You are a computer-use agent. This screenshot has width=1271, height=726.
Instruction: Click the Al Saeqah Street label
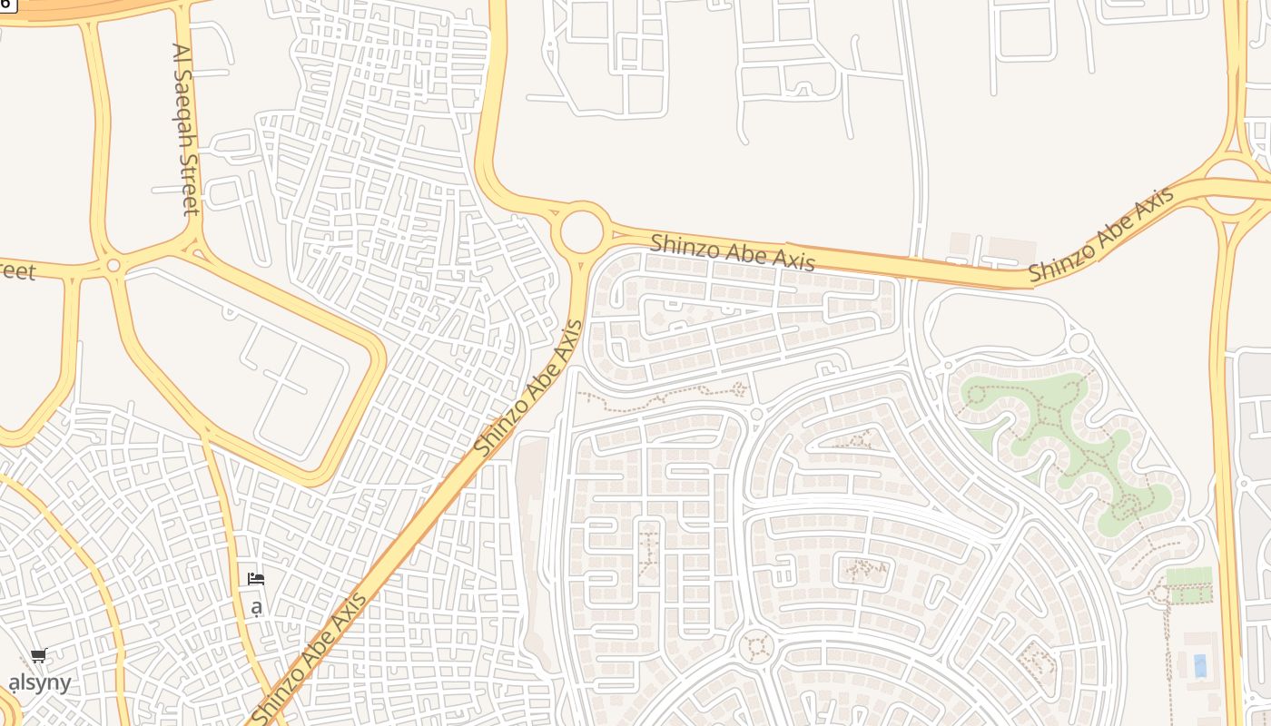185,129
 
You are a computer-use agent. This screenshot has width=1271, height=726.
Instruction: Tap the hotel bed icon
256,578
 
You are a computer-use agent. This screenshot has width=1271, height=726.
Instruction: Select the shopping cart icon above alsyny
38,655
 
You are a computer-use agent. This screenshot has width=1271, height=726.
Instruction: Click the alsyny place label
40,682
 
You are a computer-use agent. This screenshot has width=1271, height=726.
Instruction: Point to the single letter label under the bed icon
257,605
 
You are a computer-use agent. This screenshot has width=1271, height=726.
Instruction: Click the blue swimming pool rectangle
1200,665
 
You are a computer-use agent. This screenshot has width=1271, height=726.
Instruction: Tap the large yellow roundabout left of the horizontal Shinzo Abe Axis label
583,231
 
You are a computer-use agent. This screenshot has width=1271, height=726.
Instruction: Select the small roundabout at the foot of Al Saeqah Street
113,266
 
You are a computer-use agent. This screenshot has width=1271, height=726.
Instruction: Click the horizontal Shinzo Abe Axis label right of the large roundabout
732,251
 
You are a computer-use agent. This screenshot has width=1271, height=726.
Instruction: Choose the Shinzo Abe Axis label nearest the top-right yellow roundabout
1101,234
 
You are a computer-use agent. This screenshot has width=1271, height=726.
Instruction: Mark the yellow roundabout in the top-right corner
1231,187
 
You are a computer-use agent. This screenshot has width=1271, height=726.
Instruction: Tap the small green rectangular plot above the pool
1188,576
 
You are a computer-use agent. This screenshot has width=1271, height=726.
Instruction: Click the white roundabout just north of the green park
1079,343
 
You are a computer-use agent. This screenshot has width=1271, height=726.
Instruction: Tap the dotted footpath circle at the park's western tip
977,395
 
